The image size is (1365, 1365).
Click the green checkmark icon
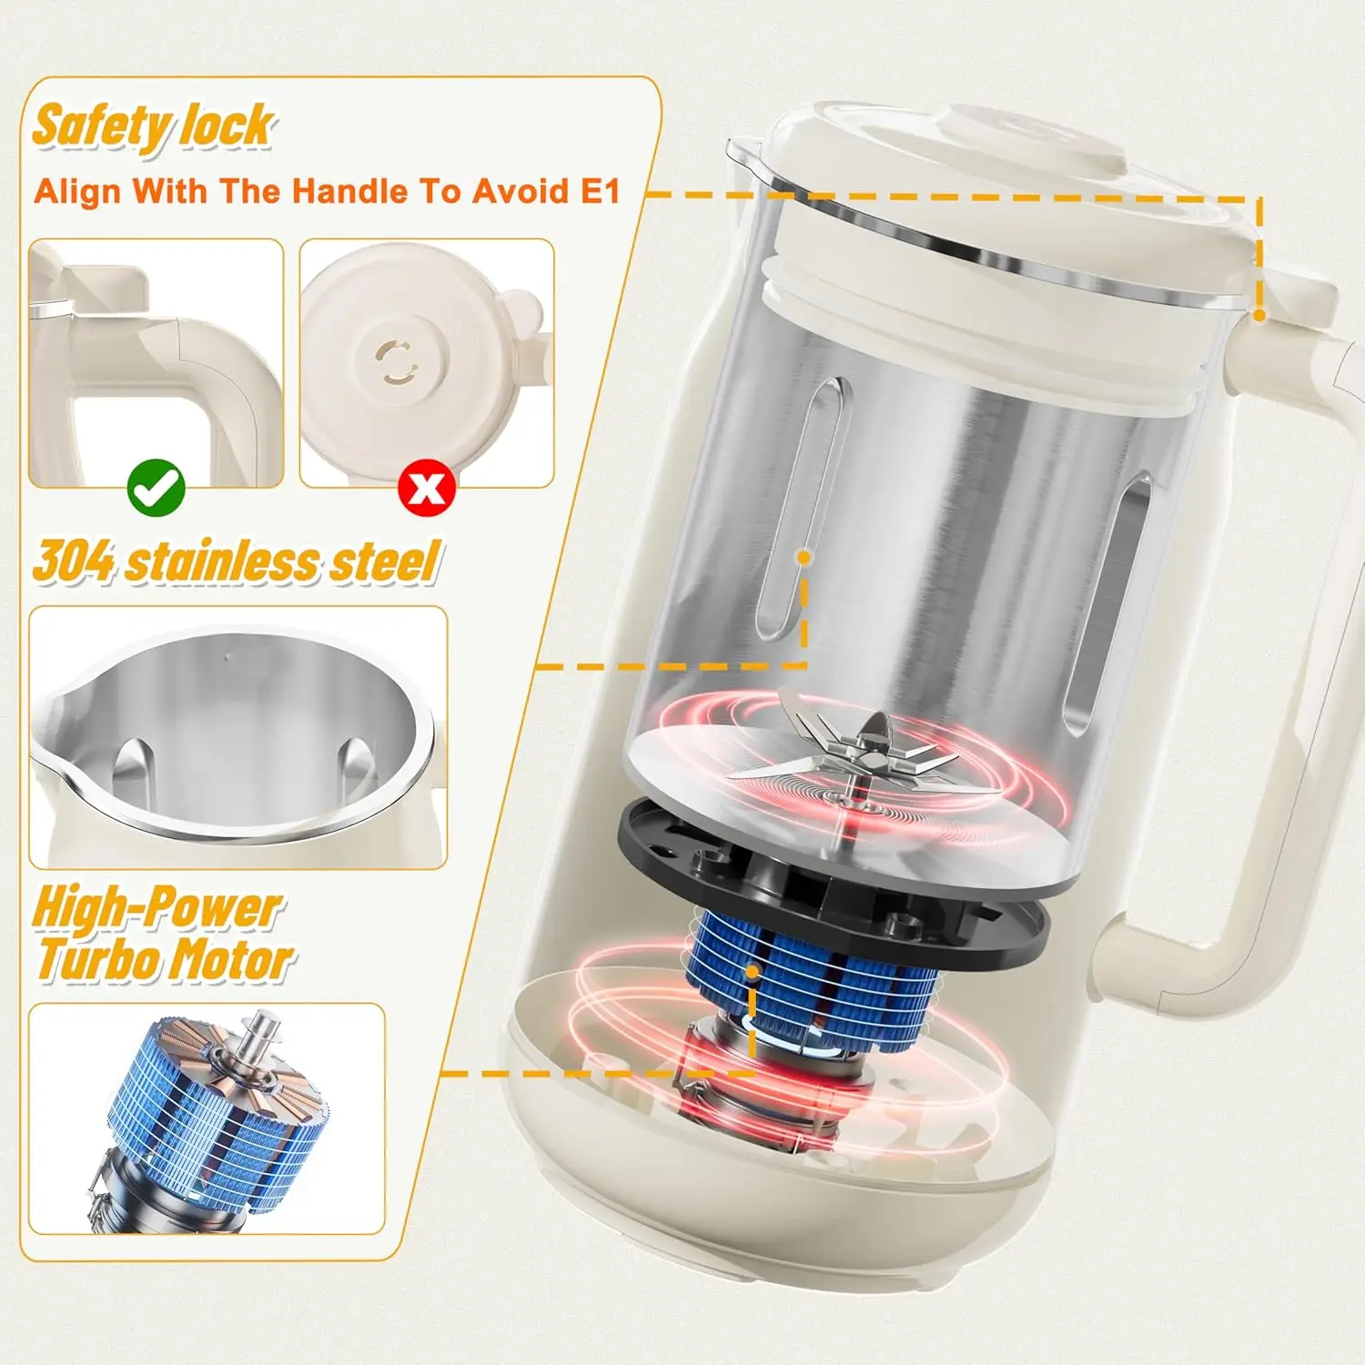pyautogui.click(x=157, y=489)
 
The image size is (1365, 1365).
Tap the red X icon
pyautogui.click(x=427, y=489)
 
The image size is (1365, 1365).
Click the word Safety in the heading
pyautogui.click(x=101, y=127)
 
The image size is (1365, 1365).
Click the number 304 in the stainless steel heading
pyautogui.click(x=74, y=561)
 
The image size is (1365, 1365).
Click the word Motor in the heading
pyautogui.click(x=232, y=959)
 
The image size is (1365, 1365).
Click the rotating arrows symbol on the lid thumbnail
pyautogui.click(x=398, y=362)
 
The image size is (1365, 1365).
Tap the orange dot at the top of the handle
pyautogui.click(x=1259, y=315)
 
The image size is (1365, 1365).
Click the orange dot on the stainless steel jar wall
pyautogui.click(x=804, y=556)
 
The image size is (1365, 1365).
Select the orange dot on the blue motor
pyautogui.click(x=753, y=972)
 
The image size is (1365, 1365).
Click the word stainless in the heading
pyautogui.click(x=222, y=561)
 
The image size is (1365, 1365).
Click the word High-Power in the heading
pyautogui.click(x=157, y=908)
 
